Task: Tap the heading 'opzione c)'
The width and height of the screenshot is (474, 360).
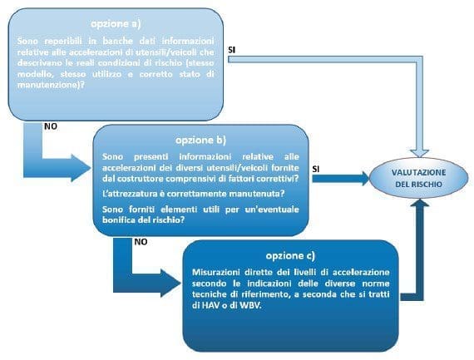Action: pyautogui.click(x=292, y=254)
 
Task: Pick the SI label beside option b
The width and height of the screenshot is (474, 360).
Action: pyautogui.click(x=317, y=169)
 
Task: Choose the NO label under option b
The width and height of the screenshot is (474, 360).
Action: pyautogui.click(x=141, y=242)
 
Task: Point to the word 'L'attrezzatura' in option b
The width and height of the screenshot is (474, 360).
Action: pyautogui.click(x=130, y=192)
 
